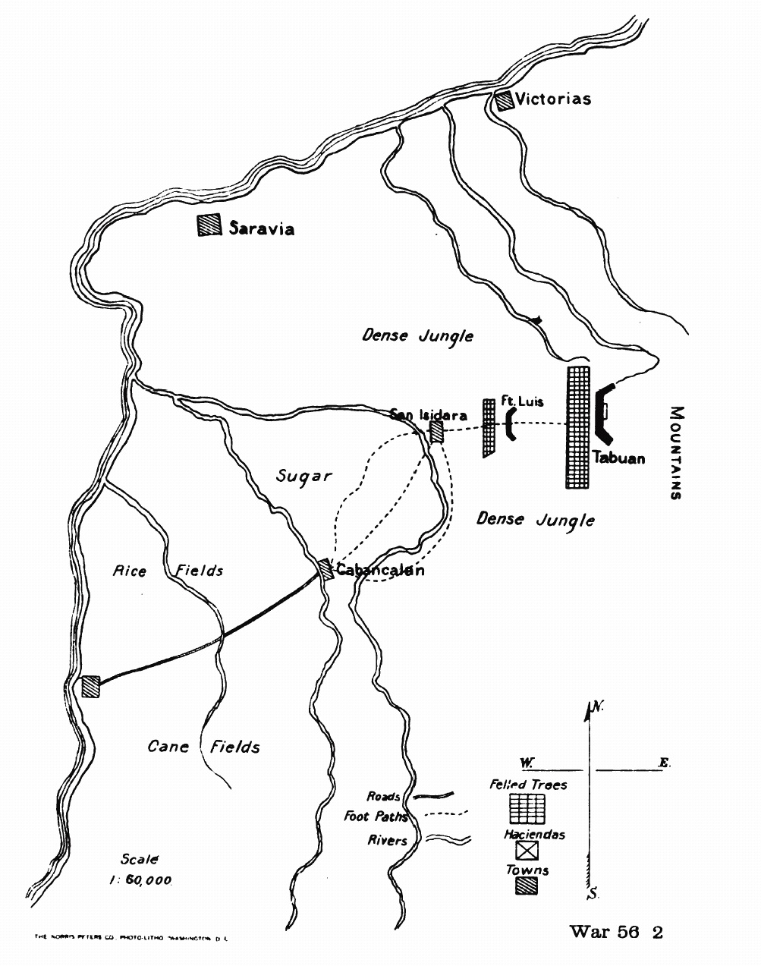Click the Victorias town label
tap(552, 99)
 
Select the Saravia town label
tap(261, 228)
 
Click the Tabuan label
tap(620, 458)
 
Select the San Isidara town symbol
tap(436, 432)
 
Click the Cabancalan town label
tap(379, 571)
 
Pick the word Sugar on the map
tap(303, 477)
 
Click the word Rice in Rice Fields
tap(129, 571)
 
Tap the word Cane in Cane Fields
tap(168, 747)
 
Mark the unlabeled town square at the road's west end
tap(91, 686)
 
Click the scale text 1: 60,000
tap(140, 880)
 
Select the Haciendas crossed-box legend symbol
tap(527, 851)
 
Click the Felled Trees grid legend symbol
tap(528, 809)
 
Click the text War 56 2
tap(616, 932)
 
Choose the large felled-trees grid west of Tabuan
tap(578, 427)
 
